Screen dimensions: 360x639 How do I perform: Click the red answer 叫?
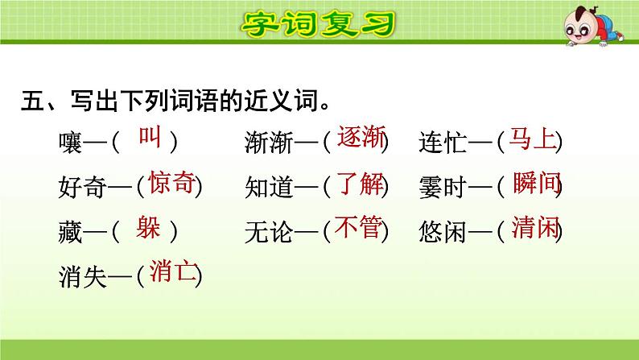(x=150, y=138)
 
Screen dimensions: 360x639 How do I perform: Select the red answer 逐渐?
(x=358, y=139)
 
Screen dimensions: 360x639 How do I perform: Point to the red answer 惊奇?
(x=172, y=184)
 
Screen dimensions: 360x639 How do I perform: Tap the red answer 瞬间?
(x=535, y=184)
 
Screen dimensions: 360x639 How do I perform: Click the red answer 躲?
(x=149, y=228)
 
